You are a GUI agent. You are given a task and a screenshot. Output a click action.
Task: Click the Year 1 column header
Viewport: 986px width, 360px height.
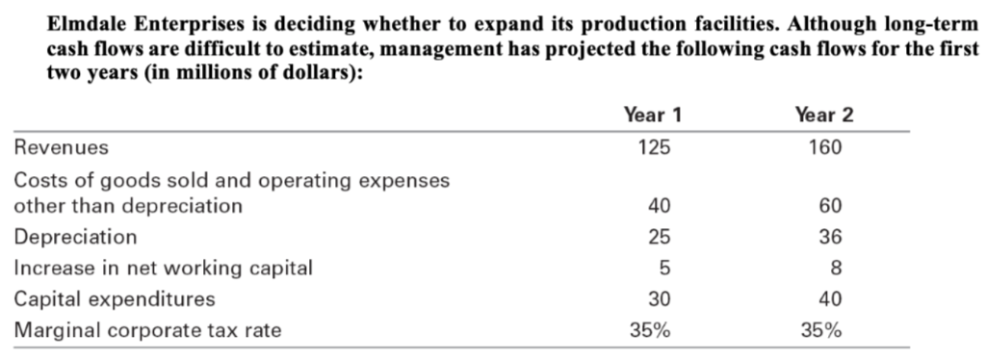coord(653,116)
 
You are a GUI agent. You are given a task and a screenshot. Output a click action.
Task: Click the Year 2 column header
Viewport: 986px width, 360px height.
coord(825,116)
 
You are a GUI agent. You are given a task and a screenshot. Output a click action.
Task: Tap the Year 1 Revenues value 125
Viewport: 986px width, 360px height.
coord(654,148)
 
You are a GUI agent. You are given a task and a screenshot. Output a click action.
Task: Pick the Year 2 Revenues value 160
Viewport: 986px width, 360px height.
coord(825,148)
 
